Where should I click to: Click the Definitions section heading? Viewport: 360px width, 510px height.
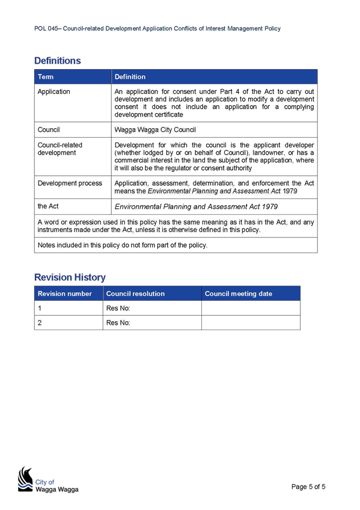pyautogui.click(x=58, y=61)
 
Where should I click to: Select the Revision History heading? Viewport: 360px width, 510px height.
pyautogui.click(x=70, y=277)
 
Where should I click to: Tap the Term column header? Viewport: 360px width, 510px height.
pyautogui.click(x=46, y=77)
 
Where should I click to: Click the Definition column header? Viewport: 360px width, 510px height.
pyautogui.click(x=130, y=77)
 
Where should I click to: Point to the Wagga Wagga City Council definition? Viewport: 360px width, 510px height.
pyautogui.click(x=155, y=130)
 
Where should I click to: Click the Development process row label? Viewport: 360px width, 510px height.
pyautogui.click(x=70, y=183)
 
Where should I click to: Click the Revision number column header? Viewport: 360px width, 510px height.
pyautogui.click(x=65, y=293)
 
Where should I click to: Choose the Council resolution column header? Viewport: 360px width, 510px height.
pyautogui.click(x=135, y=293)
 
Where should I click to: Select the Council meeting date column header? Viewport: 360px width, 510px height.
pyautogui.click(x=239, y=293)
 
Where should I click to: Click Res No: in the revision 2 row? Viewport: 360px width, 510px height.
pyautogui.click(x=118, y=323)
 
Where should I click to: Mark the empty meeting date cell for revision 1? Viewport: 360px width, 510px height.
pyautogui.click(x=251, y=308)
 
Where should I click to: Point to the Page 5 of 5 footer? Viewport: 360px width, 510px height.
pyautogui.click(x=308, y=487)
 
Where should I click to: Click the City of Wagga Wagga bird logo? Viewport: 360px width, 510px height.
pyautogui.click(x=26, y=479)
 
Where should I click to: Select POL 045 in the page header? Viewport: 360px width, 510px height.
pyautogui.click(x=46, y=29)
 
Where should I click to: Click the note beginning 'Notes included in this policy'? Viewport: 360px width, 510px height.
pyautogui.click(x=123, y=245)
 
